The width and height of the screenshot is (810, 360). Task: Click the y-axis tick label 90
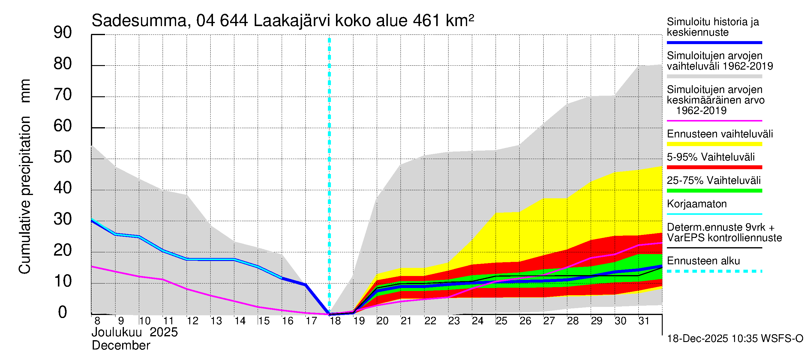point(63,33)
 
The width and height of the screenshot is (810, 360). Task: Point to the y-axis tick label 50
point(63,157)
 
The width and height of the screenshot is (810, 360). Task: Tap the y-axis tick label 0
point(63,312)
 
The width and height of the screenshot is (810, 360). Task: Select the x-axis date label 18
point(335,321)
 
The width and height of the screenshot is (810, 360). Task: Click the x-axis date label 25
point(501,321)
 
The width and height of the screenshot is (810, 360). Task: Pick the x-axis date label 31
point(644,321)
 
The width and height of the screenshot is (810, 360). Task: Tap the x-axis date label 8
point(97,321)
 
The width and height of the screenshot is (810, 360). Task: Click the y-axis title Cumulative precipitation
point(25,195)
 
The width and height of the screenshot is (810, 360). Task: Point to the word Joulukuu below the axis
point(117,332)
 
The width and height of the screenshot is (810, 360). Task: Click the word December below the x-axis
point(121,346)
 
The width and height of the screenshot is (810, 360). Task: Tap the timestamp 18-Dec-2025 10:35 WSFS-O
point(735,339)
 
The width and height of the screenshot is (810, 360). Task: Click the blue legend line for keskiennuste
point(714,42)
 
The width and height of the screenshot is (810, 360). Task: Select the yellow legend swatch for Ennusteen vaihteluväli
point(714,144)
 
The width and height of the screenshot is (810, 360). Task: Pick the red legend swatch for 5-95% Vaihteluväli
point(714,167)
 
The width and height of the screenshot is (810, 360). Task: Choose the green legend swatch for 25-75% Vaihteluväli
point(714,190)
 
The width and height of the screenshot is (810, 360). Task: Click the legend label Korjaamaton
point(697,204)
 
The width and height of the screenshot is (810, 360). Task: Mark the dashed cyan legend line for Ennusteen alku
point(714,271)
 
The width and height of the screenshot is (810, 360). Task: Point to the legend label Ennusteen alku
point(703,261)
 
